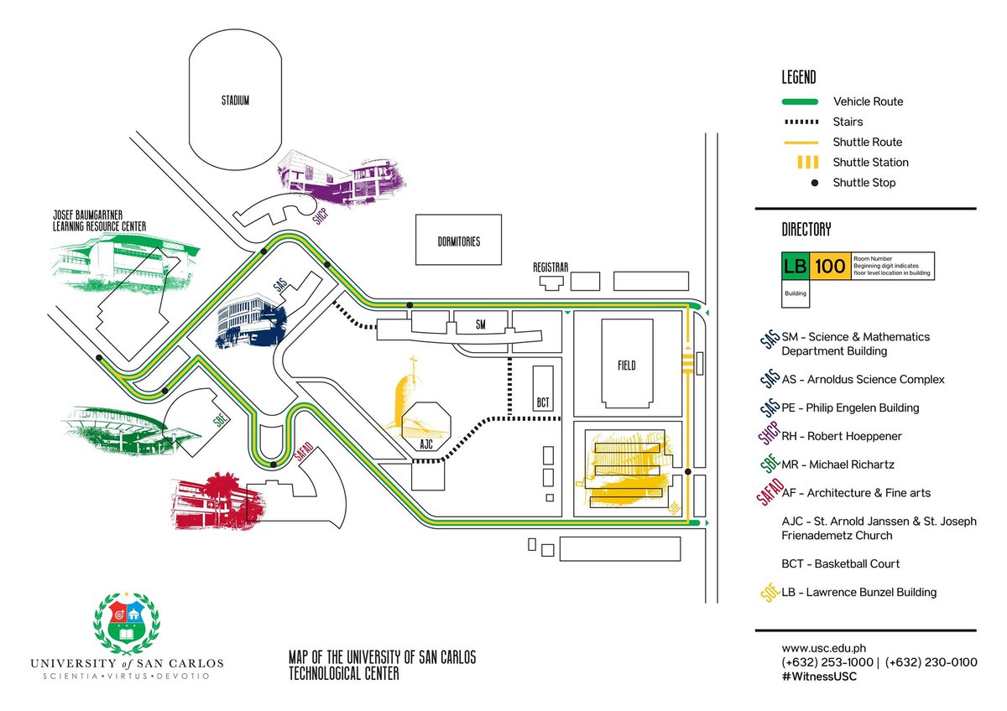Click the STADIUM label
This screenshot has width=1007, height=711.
[x=236, y=101]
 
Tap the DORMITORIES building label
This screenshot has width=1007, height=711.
[x=458, y=241]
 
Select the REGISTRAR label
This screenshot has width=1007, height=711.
[x=550, y=267]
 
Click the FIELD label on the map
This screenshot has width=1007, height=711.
[x=626, y=366]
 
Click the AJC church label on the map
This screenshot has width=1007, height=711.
[x=425, y=445]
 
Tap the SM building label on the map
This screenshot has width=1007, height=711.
[x=481, y=324]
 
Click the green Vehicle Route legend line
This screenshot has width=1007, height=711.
[x=801, y=101]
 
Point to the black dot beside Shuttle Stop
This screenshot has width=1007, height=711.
[x=814, y=183]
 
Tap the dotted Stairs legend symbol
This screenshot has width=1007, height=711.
[x=801, y=122]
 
